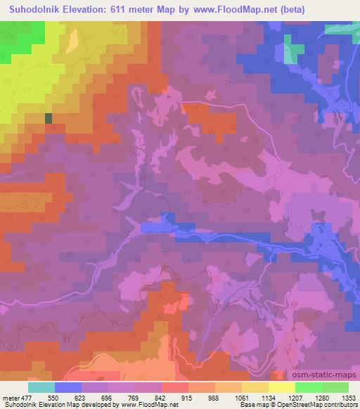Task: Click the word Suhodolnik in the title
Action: [x=32, y=9]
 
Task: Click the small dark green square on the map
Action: [x=48, y=119]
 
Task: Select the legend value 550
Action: [x=55, y=397]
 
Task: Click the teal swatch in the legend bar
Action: [x=41, y=387]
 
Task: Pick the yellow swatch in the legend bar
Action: [x=282, y=387]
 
